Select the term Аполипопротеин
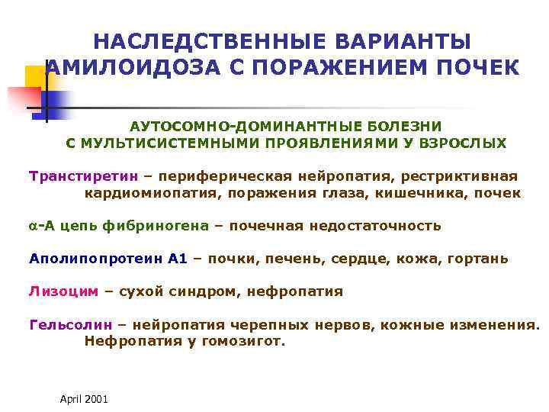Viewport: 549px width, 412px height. click(x=97, y=259)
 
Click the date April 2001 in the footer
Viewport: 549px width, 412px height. click(x=83, y=399)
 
